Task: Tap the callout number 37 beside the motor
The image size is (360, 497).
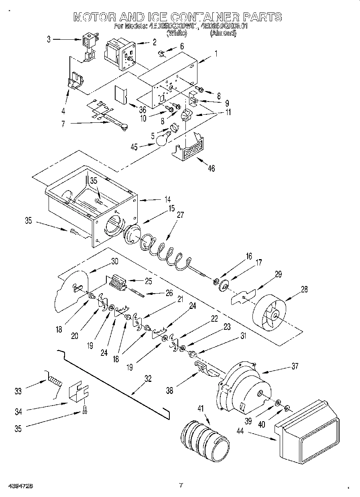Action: pos(295,366)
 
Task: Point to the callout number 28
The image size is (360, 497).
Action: pos(304,289)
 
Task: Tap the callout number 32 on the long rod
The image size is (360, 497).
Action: pos(148,378)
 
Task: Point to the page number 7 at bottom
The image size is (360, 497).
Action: pos(181,485)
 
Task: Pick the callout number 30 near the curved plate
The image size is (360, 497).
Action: pos(114,261)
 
